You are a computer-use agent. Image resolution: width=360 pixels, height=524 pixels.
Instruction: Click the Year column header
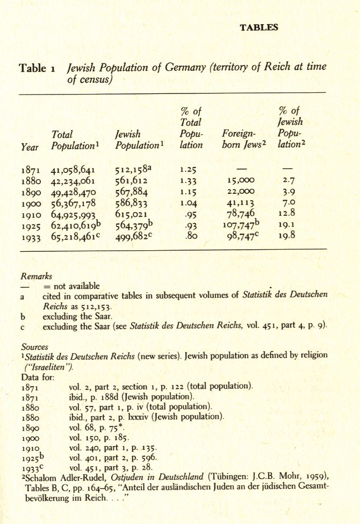[x=30, y=145]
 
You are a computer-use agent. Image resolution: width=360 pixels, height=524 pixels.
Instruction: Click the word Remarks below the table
[x=36, y=276]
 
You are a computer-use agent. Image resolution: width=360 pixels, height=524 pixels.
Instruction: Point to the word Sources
[x=34, y=347]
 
